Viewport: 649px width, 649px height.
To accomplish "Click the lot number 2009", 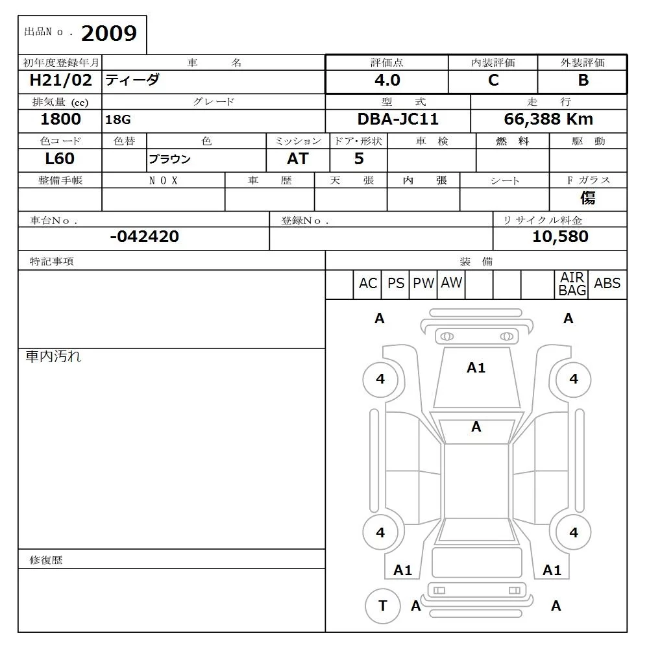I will (109, 33).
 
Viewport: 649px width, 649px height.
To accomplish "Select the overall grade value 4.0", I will (387, 80).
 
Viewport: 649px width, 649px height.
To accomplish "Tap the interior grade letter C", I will (493, 80).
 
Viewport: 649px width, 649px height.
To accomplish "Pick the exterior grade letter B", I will (583, 80).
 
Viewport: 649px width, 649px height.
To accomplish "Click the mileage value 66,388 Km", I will (548, 119).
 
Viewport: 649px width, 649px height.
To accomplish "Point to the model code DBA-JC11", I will (398, 119).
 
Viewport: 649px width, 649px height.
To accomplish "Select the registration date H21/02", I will (60, 80).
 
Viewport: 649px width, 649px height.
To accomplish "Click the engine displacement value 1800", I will (60, 119).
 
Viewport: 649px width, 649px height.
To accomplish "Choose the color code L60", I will (60, 159).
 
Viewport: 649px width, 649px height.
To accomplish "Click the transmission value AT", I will (297, 159).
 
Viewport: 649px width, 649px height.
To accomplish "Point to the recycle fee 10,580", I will (560, 237).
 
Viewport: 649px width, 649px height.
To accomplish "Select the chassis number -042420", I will (144, 237).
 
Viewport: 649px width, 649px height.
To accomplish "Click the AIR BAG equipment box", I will (572, 284).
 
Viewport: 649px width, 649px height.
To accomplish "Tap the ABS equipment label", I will (607, 284).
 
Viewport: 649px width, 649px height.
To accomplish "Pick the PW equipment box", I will (424, 284).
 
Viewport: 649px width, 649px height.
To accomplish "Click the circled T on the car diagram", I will (382, 606).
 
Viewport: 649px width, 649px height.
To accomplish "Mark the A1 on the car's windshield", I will (476, 368).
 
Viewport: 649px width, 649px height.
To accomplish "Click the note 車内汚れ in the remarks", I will (53, 356).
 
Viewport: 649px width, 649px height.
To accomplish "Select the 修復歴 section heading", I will (46, 560).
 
